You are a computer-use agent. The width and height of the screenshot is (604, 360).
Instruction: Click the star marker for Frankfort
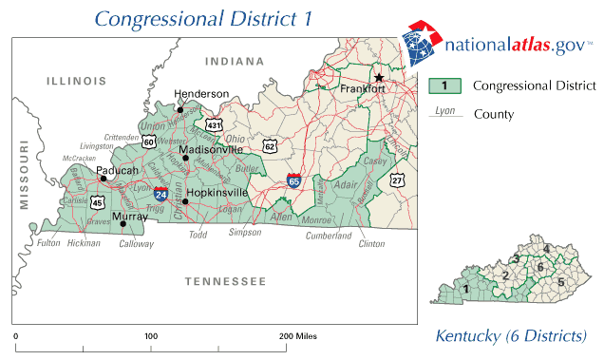pyautogui.click(x=378, y=77)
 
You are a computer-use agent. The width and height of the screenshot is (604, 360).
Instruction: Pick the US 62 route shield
pyautogui.click(x=271, y=146)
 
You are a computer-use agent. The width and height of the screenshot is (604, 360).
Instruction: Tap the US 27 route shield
pyautogui.click(x=397, y=179)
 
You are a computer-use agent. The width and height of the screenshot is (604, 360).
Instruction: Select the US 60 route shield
pyautogui.click(x=150, y=142)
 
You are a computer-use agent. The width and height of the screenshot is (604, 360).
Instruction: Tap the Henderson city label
pyautogui.click(x=202, y=94)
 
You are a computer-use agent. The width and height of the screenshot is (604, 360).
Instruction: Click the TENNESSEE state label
pyautogui.click(x=225, y=281)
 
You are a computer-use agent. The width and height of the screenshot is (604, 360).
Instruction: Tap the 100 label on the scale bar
pyautogui.click(x=150, y=336)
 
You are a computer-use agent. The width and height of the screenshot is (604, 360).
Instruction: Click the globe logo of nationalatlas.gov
pyautogui.click(x=419, y=42)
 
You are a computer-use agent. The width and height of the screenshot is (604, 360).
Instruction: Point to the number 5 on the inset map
pyautogui.click(x=560, y=282)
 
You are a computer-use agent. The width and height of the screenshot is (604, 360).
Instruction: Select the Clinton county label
pyautogui.click(x=371, y=243)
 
